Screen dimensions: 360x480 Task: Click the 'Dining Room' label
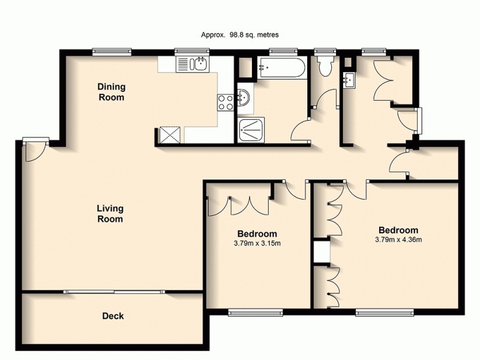pos(111,92)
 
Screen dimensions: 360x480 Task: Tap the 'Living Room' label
pos(110,214)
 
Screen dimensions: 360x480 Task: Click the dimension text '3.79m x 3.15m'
pos(257,243)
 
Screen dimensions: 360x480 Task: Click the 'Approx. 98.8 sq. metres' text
pos(239,35)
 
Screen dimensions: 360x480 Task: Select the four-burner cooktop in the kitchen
pos(225,103)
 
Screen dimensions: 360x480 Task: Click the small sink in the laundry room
pos(349,79)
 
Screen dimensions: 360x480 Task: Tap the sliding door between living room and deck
pos(114,292)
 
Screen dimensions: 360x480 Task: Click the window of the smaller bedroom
pos(256,311)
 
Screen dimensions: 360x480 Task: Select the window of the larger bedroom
pos(385,311)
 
